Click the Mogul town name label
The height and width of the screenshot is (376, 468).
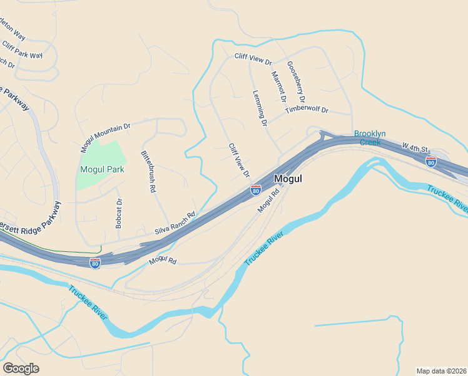[288, 179]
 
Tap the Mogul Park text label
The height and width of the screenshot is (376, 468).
[102, 169]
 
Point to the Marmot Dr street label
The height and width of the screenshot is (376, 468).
[278, 86]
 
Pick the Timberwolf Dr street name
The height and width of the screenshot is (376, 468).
[307, 110]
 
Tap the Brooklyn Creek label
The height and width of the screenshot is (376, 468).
[370, 138]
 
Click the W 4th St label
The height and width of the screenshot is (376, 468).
[415, 147]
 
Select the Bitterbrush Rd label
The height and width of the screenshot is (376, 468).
[148, 170]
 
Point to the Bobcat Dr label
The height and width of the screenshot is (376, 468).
[119, 213]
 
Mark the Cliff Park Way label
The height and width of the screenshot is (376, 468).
[22, 50]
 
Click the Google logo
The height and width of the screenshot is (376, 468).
[21, 368]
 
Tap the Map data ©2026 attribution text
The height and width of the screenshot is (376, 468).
[442, 370]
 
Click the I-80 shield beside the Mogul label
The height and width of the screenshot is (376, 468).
[255, 190]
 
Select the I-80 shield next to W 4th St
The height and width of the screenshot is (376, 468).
[430, 162]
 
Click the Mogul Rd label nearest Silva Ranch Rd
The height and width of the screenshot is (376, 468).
[163, 259]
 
